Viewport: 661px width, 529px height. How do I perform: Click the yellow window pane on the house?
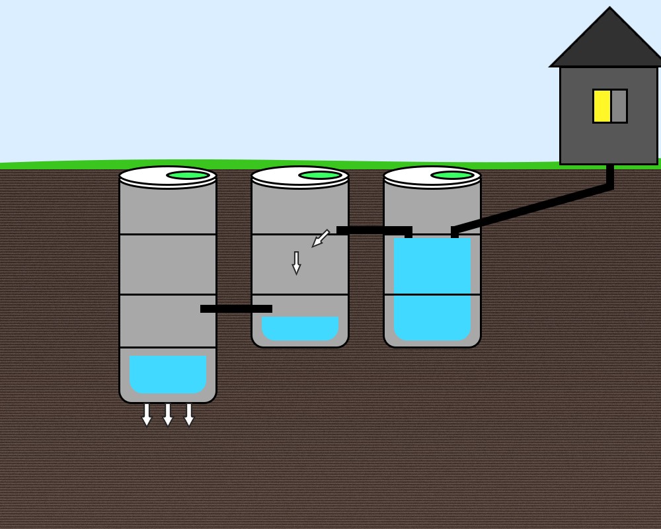pos(602,106)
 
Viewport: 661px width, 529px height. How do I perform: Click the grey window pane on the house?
pos(619,106)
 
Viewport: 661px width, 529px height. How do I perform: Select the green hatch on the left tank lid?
pos(188,175)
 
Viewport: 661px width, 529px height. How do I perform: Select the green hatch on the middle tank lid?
pos(320,175)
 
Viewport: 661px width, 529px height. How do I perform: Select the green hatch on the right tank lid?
pos(452,175)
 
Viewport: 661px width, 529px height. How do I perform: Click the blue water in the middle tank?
pos(300,328)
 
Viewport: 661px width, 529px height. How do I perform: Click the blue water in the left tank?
pos(168,374)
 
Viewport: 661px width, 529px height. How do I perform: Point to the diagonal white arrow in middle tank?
pos(321,238)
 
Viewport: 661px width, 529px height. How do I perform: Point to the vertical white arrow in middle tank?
pos(296,263)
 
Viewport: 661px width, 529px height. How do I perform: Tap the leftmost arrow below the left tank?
pos(147,415)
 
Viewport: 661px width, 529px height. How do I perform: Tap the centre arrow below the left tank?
pos(168,415)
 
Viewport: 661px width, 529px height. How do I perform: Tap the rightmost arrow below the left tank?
pos(189,415)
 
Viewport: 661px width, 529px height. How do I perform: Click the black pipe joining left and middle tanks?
pos(236,309)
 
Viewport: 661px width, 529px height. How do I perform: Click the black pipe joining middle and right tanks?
pos(373,230)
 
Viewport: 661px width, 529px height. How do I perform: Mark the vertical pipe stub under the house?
pos(610,175)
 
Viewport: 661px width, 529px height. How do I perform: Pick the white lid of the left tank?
pos(142,177)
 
